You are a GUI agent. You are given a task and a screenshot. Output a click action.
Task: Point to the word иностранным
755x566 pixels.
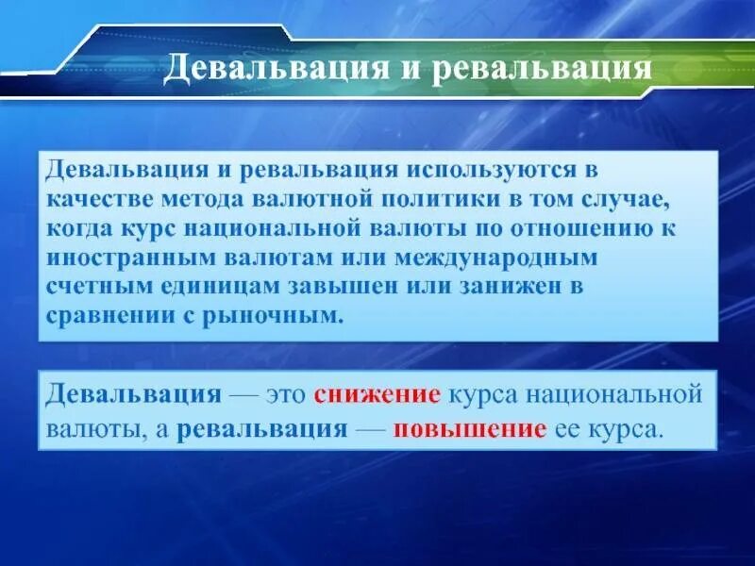coord(128,258)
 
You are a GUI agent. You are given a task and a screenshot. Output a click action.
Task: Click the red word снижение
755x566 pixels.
coord(377,393)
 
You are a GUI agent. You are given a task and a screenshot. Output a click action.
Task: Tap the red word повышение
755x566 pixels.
coord(470,429)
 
